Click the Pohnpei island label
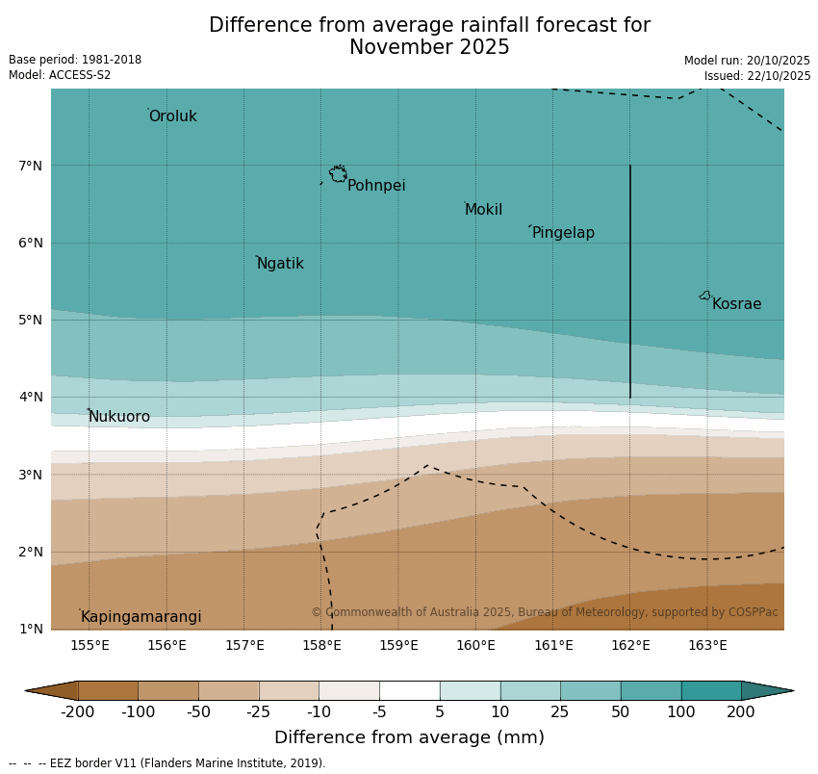coord(376,186)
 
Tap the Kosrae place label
coord(736,304)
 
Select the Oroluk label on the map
coord(172,116)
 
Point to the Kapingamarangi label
coord(141,617)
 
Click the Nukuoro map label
coord(119,417)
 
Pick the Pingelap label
coord(563,233)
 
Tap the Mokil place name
coord(483,210)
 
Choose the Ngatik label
coord(280,264)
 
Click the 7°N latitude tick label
coord(30,166)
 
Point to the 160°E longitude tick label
coord(475,645)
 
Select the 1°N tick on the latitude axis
coord(30,629)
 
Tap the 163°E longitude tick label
coord(707,645)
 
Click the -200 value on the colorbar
coord(78,712)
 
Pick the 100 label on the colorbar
coord(681,712)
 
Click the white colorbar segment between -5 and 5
coord(409,690)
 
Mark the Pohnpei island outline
coord(338,174)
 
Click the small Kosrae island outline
coord(705,296)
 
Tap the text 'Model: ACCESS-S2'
coord(60,75)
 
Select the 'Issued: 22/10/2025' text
coord(756,76)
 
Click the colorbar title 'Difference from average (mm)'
coord(409,738)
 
